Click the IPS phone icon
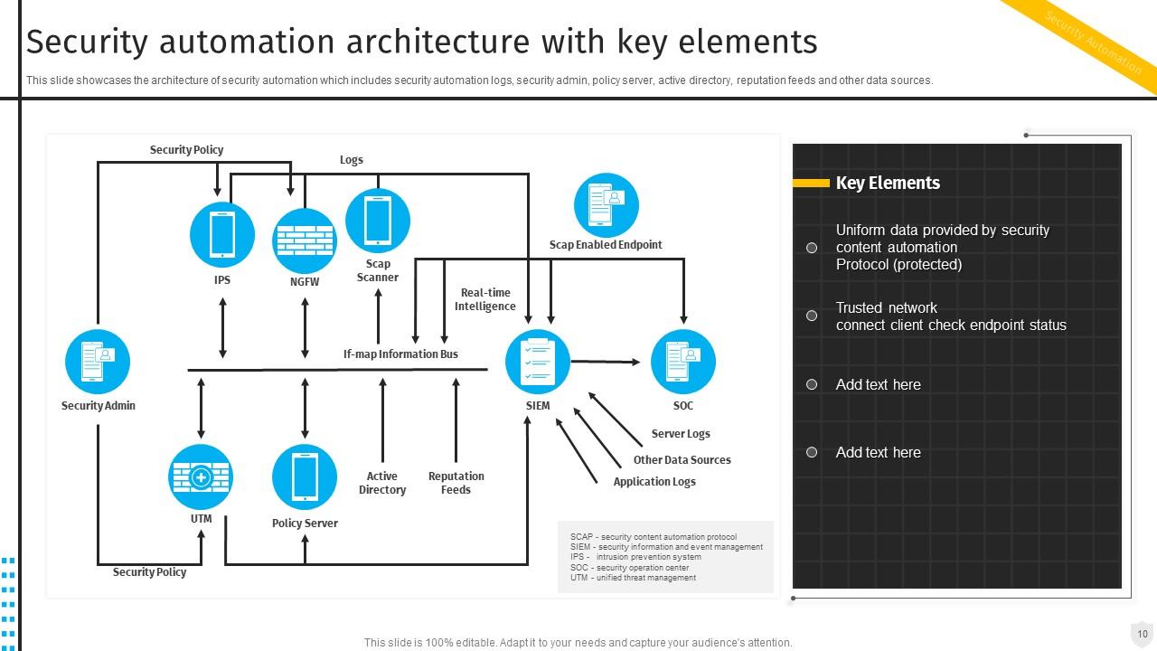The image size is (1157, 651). click(222, 234)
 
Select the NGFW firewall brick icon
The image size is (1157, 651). click(305, 241)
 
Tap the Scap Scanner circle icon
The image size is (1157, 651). click(378, 221)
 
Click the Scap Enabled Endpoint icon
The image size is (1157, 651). click(606, 205)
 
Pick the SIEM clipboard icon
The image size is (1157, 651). click(538, 362)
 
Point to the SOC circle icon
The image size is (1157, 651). click(683, 362)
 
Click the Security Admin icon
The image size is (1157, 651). click(98, 362)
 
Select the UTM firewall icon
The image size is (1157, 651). click(201, 476)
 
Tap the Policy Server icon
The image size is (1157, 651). click(305, 476)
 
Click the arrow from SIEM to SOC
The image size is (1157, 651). click(606, 362)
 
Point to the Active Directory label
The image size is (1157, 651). click(382, 483)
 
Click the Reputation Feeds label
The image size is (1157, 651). click(456, 483)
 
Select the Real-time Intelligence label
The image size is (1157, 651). click(485, 299)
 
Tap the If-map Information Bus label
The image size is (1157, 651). click(400, 354)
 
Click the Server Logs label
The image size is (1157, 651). click(681, 434)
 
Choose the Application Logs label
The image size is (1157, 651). click(654, 482)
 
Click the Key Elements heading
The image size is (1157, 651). click(888, 183)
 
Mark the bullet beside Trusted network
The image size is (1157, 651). click(812, 316)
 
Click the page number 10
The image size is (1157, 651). click(1143, 634)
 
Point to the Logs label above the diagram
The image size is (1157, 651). click(352, 160)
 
